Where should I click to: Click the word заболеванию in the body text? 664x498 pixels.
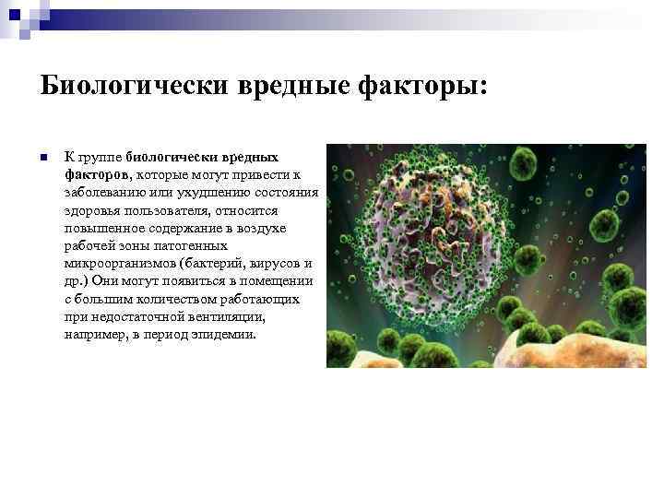[104, 192]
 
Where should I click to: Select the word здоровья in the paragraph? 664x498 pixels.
[90, 209]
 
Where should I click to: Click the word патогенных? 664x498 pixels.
[197, 245]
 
